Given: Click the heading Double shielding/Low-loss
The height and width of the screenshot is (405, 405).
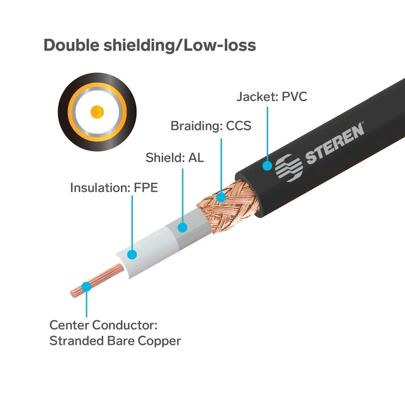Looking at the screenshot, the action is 150,46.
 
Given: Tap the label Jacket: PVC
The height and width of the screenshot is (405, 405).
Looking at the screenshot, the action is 271,97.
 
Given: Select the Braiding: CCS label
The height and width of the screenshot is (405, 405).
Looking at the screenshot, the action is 211,126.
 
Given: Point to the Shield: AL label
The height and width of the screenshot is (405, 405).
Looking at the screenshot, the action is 175,158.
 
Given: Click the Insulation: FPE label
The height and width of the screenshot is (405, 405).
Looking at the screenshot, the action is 114,187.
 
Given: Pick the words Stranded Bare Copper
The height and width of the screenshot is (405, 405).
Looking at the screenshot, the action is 115,341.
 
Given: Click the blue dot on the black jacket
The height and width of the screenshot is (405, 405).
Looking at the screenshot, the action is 267,166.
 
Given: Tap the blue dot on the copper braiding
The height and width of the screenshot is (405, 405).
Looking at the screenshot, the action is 221,197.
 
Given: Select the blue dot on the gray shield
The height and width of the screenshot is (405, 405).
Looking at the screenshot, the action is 183,228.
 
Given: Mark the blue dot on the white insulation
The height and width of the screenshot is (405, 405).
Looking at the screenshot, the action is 132,254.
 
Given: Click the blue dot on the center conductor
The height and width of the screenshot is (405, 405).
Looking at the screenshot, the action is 86,287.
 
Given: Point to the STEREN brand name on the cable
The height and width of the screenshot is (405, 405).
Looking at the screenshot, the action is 335,144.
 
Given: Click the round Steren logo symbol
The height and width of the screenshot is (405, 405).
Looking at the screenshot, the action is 289,168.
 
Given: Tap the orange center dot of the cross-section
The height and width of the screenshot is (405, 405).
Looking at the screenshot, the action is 97,112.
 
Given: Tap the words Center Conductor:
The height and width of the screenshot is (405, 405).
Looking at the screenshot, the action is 103,325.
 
